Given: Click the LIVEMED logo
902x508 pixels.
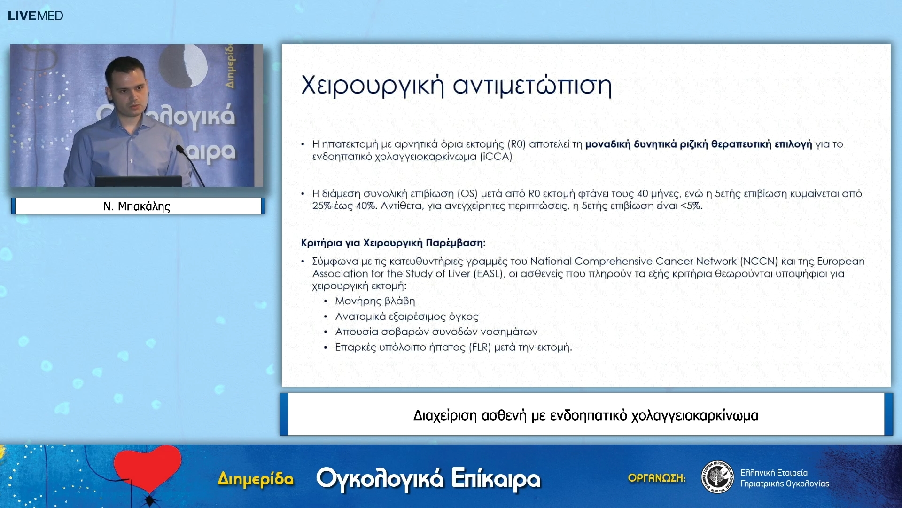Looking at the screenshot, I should (x=35, y=16).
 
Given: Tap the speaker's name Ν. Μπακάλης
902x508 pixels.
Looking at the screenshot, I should (x=136, y=206).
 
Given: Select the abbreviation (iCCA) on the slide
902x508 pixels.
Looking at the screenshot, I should (x=496, y=157).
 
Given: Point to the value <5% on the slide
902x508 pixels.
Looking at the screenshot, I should (x=691, y=206).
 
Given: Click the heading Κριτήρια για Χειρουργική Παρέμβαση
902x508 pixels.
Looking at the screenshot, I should (x=393, y=243).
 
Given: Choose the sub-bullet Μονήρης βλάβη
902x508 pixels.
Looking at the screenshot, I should (x=375, y=301).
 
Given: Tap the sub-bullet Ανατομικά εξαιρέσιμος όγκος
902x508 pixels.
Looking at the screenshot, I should (x=406, y=317).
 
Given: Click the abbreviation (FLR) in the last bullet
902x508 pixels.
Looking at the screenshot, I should (x=480, y=348).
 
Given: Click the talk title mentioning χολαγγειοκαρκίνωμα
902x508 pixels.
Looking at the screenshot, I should (x=585, y=415).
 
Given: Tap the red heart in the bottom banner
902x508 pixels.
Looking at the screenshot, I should (x=148, y=468).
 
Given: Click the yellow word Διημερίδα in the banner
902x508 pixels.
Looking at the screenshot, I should (x=256, y=479).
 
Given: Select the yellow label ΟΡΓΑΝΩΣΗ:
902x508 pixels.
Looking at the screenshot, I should (x=656, y=478).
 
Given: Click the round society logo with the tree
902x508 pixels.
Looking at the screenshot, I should (x=717, y=477).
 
